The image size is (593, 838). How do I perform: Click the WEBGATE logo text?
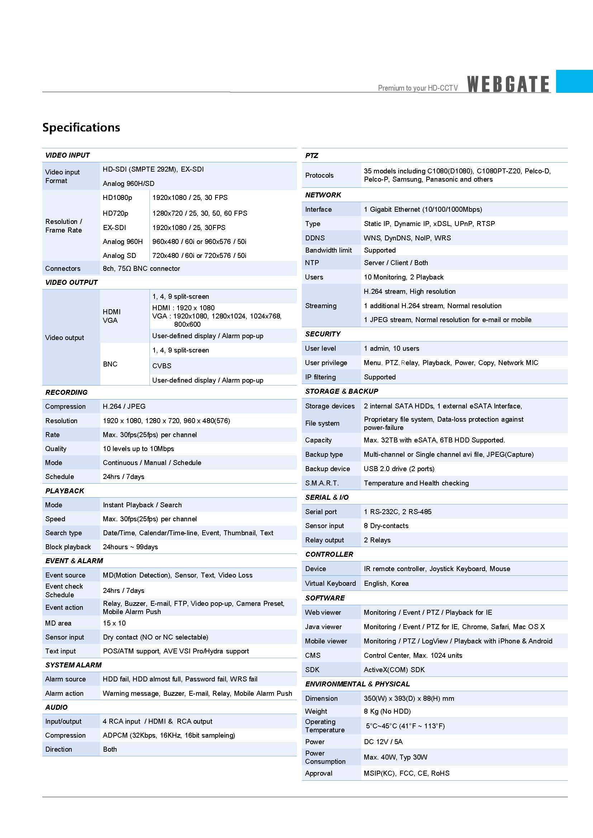508,84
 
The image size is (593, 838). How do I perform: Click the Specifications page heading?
81,128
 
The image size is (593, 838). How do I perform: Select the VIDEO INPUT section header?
67,155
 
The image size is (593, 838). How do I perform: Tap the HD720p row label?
115,213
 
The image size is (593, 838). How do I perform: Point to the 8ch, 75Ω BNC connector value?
141,269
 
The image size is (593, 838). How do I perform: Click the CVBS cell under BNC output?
162,366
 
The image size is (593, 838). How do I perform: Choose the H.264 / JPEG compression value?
124,406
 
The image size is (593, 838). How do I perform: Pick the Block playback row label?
68,547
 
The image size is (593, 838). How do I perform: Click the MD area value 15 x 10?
114,623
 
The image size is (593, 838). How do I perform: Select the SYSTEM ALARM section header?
73,665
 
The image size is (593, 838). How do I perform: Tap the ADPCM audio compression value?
169,735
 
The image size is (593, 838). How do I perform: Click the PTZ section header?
312,155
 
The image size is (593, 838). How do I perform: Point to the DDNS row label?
315,238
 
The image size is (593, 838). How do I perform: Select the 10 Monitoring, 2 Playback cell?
403,277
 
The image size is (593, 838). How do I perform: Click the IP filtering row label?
320,377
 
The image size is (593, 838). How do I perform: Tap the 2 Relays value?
377,540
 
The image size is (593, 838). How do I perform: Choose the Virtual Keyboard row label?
331,583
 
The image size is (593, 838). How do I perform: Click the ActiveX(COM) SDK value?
394,670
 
